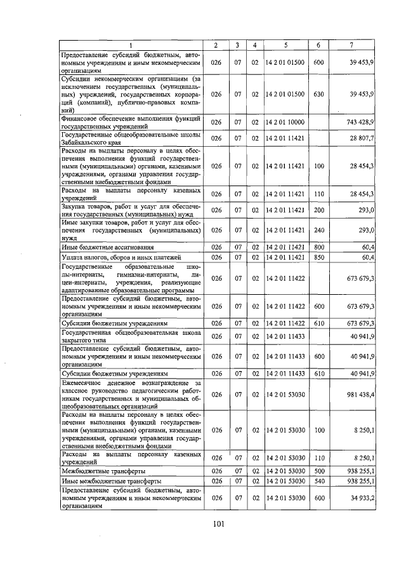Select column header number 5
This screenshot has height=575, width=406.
tap(286, 44)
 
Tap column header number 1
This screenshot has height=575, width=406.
tap(131, 44)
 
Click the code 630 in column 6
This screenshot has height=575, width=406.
tap(318, 94)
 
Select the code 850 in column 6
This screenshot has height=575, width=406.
tap(318, 257)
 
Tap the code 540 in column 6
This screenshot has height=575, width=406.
tap(318, 481)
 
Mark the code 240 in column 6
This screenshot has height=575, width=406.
tap(318, 229)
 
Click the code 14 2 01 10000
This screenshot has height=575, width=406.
tap(286, 121)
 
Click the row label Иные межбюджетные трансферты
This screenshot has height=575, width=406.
tap(108, 481)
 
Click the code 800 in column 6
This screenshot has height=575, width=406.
tap(318, 247)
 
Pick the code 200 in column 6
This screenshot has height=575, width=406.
tap(318, 210)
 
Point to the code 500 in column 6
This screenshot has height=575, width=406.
tap(318, 471)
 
